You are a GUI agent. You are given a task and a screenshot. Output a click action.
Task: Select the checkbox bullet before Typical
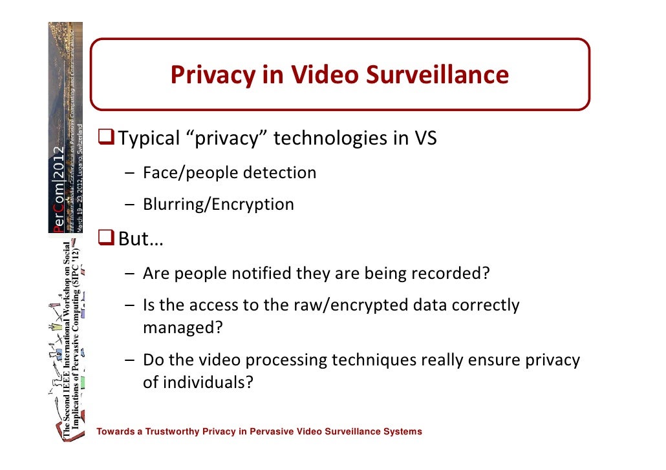coord(107,138)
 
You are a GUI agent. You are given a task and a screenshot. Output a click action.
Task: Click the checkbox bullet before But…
coord(107,241)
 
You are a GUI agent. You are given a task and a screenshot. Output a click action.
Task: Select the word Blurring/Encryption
coord(218,205)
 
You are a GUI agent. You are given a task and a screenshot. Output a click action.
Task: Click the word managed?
coord(182,327)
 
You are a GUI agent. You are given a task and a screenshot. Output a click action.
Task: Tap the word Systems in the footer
coord(402,431)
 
